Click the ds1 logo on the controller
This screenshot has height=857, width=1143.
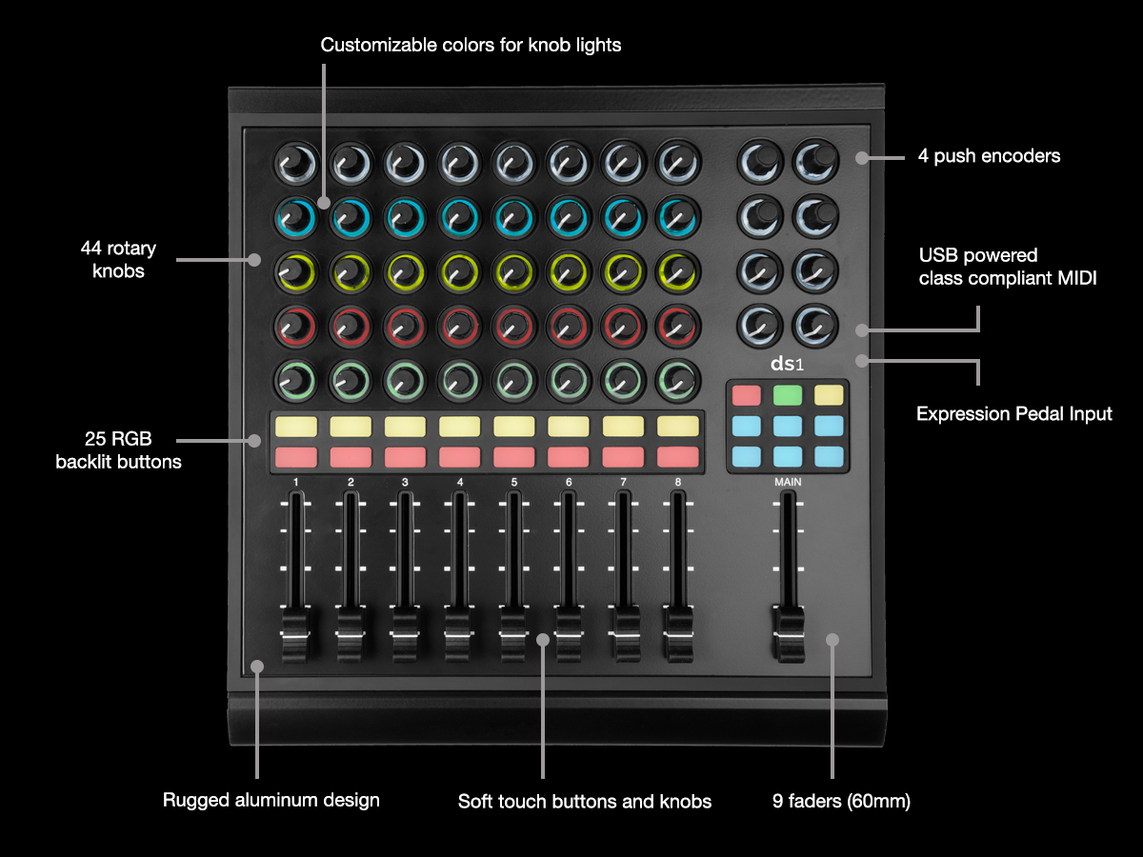[788, 365]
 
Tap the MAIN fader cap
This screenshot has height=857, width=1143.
[788, 636]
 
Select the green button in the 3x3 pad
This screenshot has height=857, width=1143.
[787, 394]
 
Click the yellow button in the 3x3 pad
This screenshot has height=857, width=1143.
[829, 394]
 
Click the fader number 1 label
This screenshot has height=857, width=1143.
[296, 482]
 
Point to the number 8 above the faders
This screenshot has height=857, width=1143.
[678, 482]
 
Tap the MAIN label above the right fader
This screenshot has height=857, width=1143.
[788, 482]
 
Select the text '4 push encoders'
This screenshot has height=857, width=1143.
[989, 156]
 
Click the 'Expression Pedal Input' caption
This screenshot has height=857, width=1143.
[1014, 414]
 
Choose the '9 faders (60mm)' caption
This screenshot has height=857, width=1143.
[842, 802]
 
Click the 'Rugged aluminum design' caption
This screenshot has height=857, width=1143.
[271, 800]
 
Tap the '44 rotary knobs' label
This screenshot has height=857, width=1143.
[118, 260]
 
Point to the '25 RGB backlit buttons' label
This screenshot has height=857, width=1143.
[118, 450]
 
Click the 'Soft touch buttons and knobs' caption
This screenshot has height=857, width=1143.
[585, 802]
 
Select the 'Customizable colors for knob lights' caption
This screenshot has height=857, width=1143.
[471, 45]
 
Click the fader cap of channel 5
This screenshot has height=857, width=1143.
[514, 636]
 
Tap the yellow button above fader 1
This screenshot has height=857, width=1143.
[296, 426]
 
